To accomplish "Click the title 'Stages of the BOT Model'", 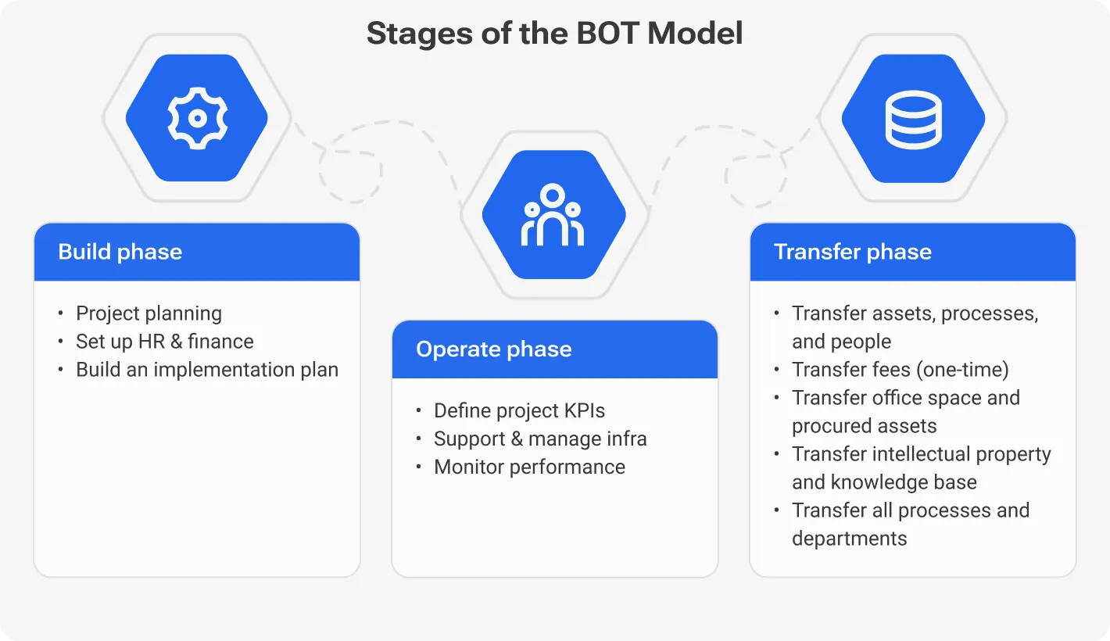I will (554, 34).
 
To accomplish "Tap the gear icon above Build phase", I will (197, 118).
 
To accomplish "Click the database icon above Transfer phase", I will (912, 119).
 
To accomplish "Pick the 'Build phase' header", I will (120, 252).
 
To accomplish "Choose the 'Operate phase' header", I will (493, 349).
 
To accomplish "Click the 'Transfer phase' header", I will (852, 252).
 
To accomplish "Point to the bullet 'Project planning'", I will (149, 313).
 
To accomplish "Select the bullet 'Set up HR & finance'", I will (164, 342).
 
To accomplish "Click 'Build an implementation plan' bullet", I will (206, 370).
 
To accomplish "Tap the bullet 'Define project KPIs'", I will (519, 410).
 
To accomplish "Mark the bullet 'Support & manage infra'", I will (540, 439).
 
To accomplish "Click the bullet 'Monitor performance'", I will (529, 467).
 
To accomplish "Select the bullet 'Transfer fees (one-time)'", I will (900, 370).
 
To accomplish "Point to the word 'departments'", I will (849, 539).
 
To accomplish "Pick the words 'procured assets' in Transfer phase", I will (864, 426).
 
